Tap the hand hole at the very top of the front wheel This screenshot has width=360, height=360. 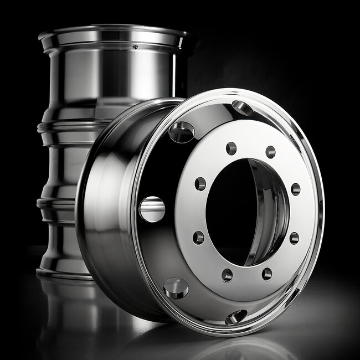[x=243, y=108]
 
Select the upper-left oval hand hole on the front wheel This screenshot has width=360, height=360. [x=182, y=132]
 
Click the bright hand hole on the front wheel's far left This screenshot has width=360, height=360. [x=152, y=209]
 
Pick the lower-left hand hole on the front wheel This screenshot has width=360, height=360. [x=176, y=288]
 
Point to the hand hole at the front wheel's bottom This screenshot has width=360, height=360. [x=236, y=317]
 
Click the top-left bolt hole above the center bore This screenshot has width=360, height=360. [x=231, y=148]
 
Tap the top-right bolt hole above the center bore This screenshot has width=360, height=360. [x=270, y=152]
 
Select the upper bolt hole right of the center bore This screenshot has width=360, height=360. [x=295, y=189]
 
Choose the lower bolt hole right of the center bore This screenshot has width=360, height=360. [x=294, y=238]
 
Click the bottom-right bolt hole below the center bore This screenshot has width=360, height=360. [x=267, y=274]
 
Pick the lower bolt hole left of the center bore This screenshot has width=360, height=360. [x=198, y=238]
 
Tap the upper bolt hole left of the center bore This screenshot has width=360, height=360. [x=200, y=184]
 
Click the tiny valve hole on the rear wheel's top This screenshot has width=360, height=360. [x=135, y=48]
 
